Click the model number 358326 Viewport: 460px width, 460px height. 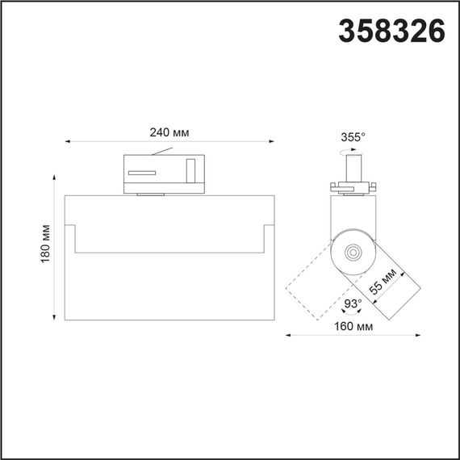390,31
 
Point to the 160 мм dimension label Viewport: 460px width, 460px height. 352,327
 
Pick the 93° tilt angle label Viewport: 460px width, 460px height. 352,303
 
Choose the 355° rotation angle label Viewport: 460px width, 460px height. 352,137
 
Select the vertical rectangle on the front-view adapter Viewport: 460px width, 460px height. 190,171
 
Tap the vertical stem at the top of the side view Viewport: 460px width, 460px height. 352,168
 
